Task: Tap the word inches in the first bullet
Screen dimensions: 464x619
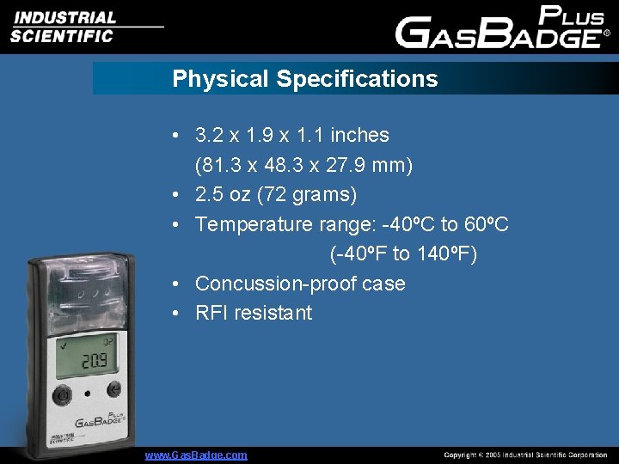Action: pos(359,135)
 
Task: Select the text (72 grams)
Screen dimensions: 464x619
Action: pos(314,195)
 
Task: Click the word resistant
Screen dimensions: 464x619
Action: pos(273,313)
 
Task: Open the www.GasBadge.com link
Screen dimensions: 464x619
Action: pos(196,455)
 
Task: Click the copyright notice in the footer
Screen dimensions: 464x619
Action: pos(525,455)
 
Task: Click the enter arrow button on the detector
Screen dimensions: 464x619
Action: pos(114,391)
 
